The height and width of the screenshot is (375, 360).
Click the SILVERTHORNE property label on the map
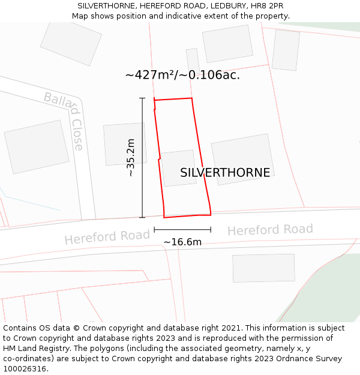click(x=225, y=173)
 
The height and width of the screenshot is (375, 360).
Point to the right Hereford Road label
click(x=270, y=230)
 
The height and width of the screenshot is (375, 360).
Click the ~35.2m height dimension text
click(x=130, y=157)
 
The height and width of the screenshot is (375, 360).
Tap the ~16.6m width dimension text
click(x=182, y=242)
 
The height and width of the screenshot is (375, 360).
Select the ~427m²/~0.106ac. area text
click(x=182, y=75)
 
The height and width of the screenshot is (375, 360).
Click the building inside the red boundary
click(x=179, y=168)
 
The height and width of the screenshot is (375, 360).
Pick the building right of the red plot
click(x=242, y=159)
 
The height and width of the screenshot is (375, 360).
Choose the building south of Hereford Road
click(x=263, y=268)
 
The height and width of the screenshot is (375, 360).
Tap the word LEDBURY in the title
click(x=227, y=6)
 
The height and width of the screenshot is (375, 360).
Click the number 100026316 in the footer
click(x=25, y=368)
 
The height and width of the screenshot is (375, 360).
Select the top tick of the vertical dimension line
click(x=142, y=98)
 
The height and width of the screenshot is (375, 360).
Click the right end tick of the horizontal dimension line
click(x=211, y=229)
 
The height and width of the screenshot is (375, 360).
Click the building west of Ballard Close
click(x=37, y=146)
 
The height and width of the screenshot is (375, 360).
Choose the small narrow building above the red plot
click(x=193, y=61)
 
